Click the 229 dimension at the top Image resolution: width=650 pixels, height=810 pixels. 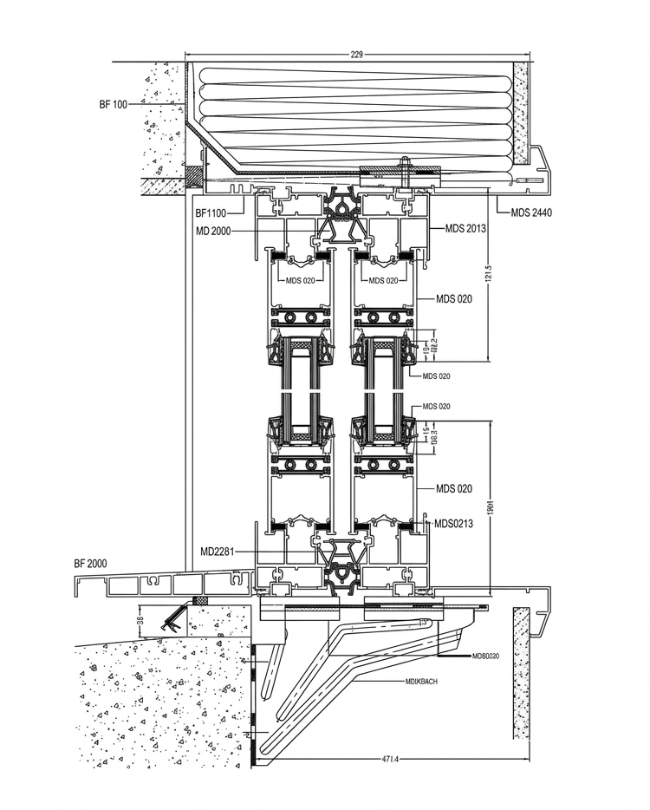356,54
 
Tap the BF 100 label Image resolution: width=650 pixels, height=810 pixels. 114,104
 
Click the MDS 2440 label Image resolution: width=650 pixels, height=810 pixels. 531,212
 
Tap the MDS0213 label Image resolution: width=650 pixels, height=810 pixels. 454,523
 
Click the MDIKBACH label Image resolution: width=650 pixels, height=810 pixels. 420,682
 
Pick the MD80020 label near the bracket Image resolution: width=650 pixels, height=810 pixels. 487,656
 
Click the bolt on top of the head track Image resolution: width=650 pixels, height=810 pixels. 404,165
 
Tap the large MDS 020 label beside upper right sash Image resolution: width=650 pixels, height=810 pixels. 453,299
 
